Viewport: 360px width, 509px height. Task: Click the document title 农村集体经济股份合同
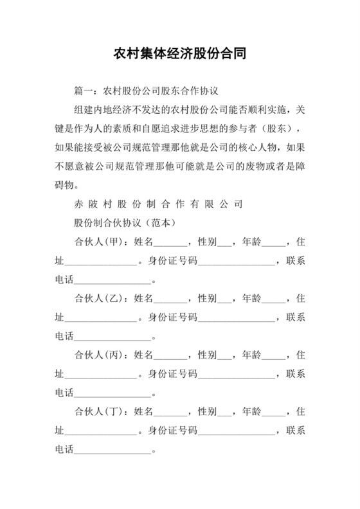click(x=179, y=52)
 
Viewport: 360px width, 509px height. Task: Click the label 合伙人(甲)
click(x=99, y=243)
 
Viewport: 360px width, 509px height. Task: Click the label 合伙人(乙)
click(x=99, y=299)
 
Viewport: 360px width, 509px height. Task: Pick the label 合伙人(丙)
click(x=99, y=355)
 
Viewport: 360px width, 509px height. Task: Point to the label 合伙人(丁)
click(x=99, y=411)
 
